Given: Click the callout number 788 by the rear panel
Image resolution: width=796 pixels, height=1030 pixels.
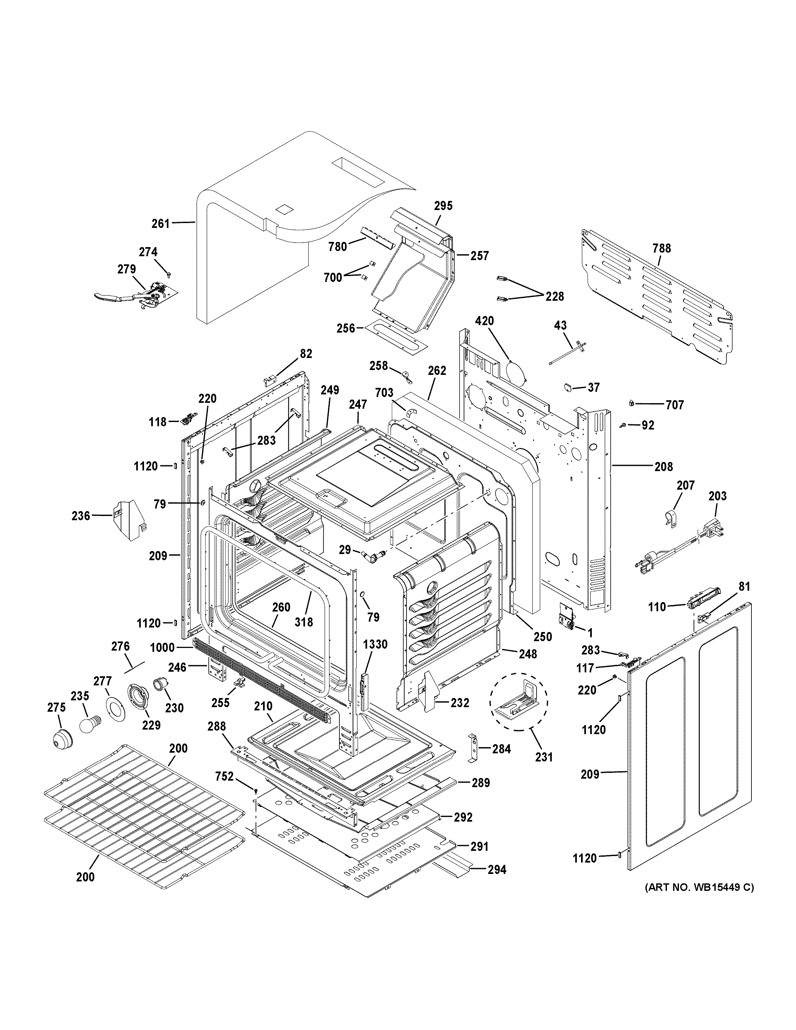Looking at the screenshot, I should [x=662, y=248].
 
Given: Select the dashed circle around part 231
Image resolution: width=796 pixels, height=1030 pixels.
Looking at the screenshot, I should [x=519, y=701].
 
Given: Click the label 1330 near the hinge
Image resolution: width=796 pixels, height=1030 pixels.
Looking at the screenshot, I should [x=375, y=644].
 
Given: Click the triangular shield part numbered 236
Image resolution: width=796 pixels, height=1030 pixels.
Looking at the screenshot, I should [x=126, y=517].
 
